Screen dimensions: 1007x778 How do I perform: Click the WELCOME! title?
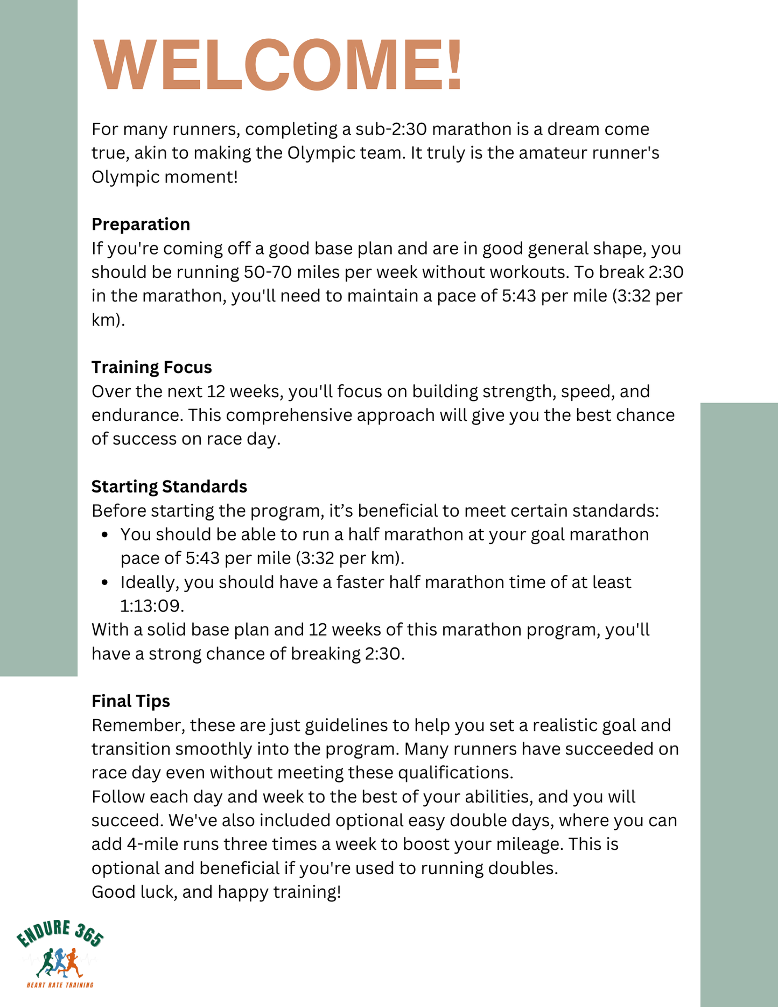pyautogui.click(x=278, y=66)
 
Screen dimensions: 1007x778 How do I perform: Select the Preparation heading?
pyautogui.click(x=141, y=224)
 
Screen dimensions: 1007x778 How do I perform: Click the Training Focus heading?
pyautogui.click(x=151, y=367)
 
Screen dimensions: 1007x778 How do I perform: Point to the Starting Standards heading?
pyautogui.click(x=169, y=487)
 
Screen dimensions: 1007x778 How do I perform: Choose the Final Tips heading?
pyautogui.click(x=130, y=701)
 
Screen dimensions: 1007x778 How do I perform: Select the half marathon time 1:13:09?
pyautogui.click(x=151, y=606)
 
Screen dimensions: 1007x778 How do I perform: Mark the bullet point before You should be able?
pyautogui.click(x=106, y=535)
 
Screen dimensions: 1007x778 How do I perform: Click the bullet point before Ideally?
pyautogui.click(x=106, y=582)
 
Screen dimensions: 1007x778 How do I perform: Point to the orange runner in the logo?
pyautogui.click(x=72, y=963)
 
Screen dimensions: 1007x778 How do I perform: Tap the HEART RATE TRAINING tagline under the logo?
pyautogui.click(x=60, y=985)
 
